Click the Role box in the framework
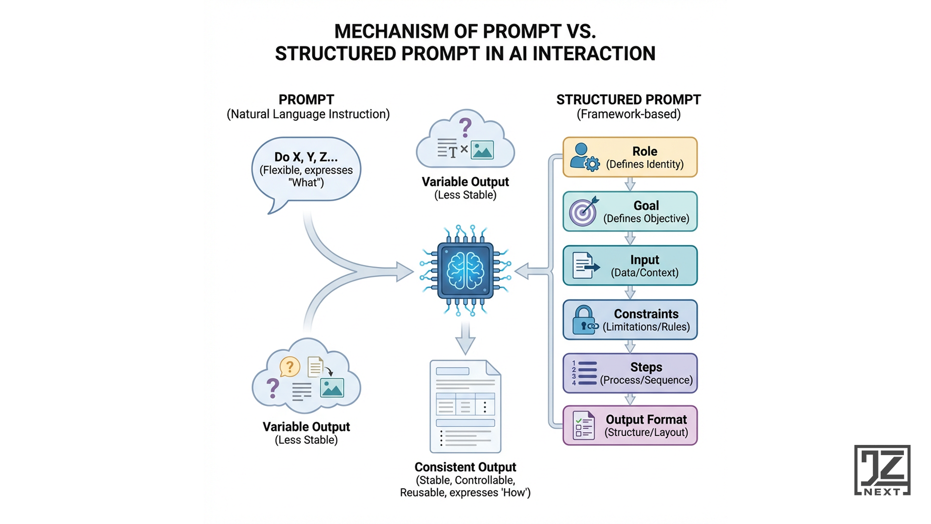point(630,157)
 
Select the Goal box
point(630,212)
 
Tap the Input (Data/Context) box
point(630,265)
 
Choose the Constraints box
point(630,320)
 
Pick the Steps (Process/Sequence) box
point(630,373)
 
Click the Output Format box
point(630,426)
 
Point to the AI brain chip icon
point(465,270)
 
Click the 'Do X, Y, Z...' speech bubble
point(306,170)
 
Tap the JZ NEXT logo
point(882,470)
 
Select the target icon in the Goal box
point(583,212)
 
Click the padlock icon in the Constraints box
point(584,320)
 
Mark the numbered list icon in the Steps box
point(584,373)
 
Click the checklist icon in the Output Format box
point(583,426)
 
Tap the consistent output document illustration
point(465,406)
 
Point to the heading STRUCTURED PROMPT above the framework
point(628,100)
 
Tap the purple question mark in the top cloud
point(465,128)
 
